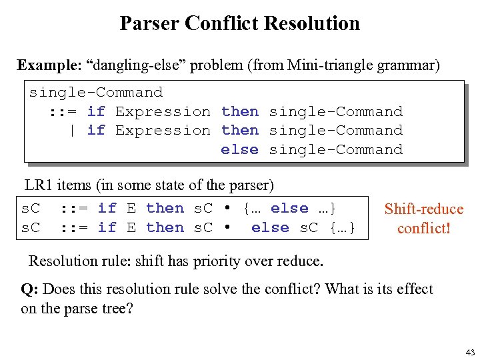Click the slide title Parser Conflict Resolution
239,23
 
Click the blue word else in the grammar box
239,149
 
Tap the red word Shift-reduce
424,209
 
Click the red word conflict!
424,228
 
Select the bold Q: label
29,289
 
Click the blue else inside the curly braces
289,209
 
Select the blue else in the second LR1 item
270,227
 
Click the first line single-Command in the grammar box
95,92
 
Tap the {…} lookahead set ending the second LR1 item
342,227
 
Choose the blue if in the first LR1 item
107,209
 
